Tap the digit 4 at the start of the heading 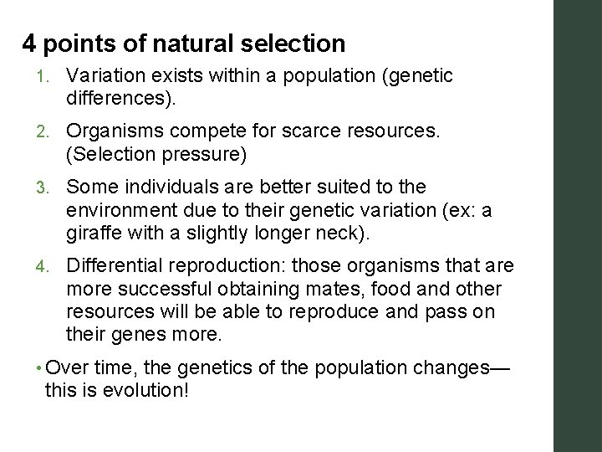[x=29, y=44]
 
